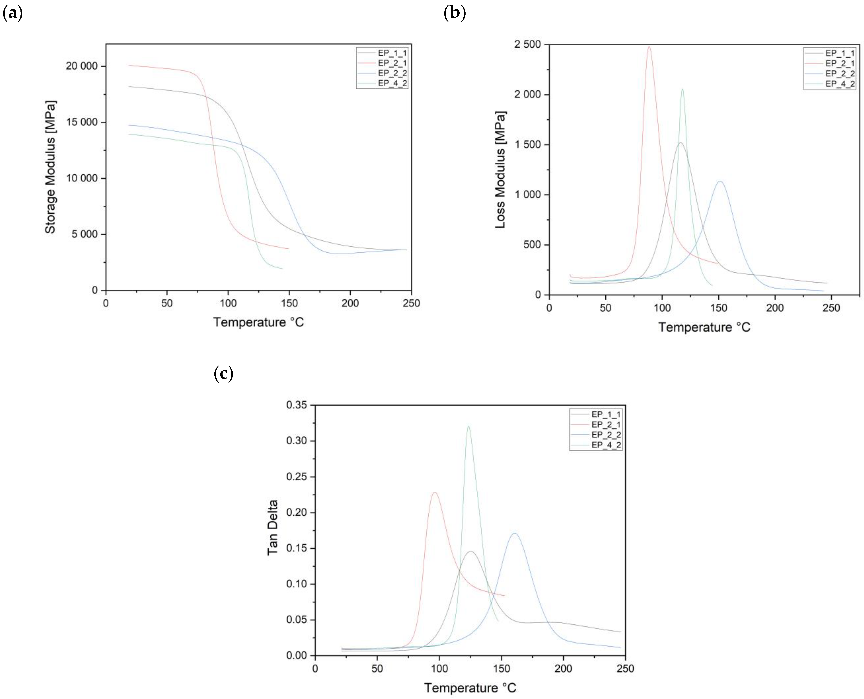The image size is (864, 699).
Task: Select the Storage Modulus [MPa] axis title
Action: tap(50, 167)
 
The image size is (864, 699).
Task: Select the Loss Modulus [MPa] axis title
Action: tap(500, 170)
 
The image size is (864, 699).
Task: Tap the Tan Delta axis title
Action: tap(273, 527)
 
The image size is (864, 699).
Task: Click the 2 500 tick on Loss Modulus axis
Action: tap(527, 44)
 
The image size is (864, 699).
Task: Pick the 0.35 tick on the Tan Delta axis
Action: tap(296, 405)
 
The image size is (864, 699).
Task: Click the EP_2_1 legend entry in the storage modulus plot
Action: tap(392, 63)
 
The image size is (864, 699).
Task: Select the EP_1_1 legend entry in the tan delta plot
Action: tap(606, 414)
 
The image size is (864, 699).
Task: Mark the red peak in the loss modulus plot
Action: tap(649, 47)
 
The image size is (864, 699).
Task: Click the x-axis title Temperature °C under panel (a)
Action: tap(258, 322)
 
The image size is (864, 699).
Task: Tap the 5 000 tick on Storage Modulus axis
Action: tap(85, 234)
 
